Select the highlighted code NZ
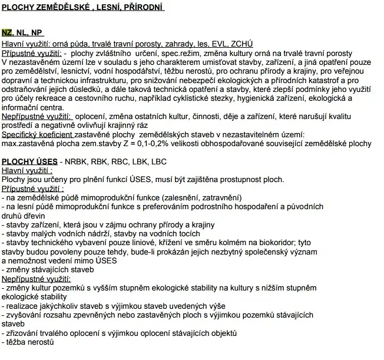click(x=6, y=33)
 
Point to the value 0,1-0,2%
click(x=167, y=144)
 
